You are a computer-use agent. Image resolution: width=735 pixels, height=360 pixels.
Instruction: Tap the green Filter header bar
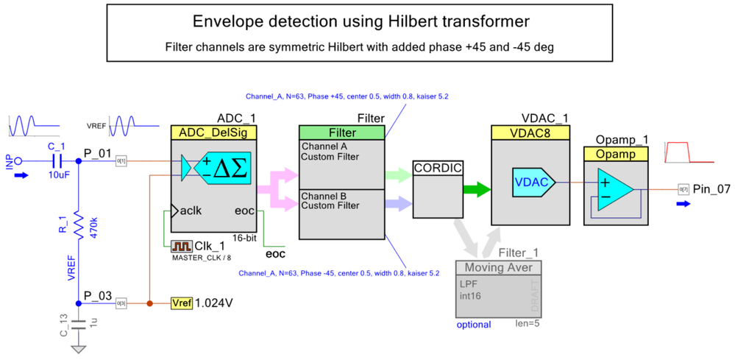(x=341, y=133)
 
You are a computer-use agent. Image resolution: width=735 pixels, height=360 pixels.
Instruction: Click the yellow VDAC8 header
(x=529, y=133)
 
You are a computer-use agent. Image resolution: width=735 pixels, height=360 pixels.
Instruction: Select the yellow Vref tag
(x=181, y=303)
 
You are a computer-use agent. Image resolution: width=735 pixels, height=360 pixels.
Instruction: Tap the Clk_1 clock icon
(x=181, y=246)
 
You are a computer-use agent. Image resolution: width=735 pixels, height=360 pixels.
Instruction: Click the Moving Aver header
(x=498, y=267)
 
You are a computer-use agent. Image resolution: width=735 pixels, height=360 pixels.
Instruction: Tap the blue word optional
(x=474, y=325)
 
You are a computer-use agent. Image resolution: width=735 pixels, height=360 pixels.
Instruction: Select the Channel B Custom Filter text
(x=330, y=200)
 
